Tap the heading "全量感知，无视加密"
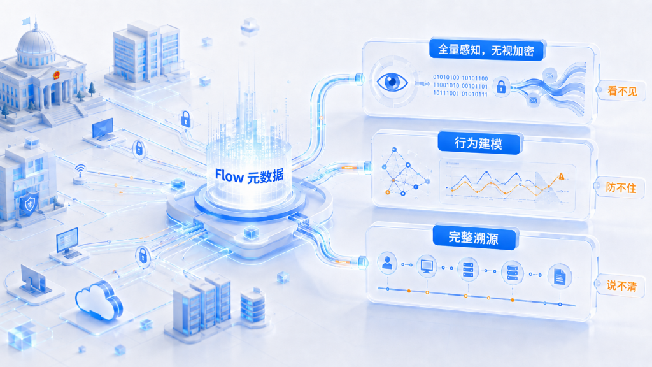point(486,50)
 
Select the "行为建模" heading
point(478,143)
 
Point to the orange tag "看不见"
point(622,90)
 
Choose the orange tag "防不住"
point(621,188)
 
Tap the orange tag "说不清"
point(621,286)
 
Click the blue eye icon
point(392,82)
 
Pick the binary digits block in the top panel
point(460,86)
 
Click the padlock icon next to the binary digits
point(501,87)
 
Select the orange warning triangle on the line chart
point(562,176)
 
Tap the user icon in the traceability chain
point(387,263)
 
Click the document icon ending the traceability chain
point(560,276)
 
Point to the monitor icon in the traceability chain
point(427,266)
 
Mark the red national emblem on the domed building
point(56,75)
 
